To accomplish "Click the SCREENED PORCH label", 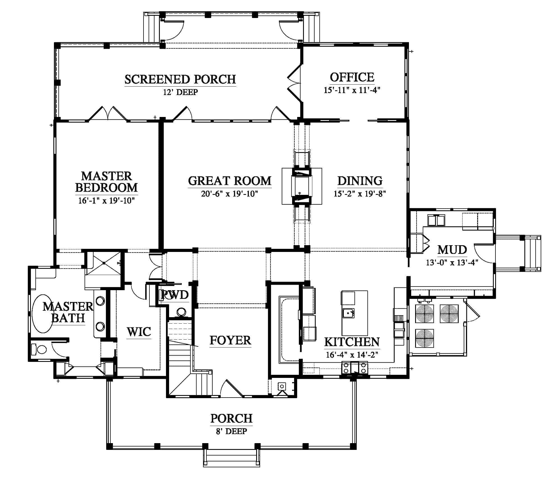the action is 180,79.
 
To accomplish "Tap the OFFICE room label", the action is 352,77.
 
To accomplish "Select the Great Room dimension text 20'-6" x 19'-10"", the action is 229,194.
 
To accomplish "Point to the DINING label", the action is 360,181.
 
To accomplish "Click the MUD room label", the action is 452,249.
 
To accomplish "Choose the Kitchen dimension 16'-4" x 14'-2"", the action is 352,355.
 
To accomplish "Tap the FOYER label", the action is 230,340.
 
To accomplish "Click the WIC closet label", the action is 139,332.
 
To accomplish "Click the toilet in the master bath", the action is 39,350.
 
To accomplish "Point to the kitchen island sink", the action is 348,313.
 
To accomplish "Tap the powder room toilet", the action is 181,312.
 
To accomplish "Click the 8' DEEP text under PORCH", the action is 231,431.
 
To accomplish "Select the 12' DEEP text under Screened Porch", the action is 180,92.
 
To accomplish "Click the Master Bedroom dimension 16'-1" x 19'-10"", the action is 107,201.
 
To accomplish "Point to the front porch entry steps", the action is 231,458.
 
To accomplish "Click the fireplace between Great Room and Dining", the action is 302,186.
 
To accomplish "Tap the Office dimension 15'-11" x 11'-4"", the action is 352,90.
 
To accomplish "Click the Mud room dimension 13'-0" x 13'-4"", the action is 452,262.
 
